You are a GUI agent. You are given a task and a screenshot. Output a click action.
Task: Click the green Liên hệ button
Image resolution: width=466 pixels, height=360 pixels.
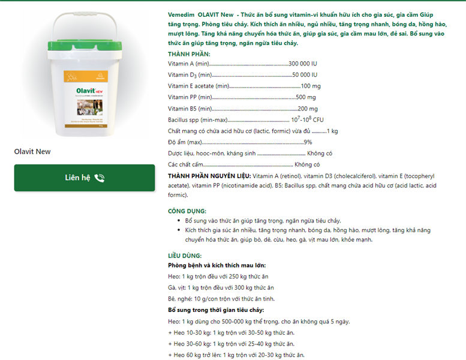85,178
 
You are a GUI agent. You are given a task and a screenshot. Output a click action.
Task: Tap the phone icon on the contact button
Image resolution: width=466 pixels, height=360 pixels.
100,178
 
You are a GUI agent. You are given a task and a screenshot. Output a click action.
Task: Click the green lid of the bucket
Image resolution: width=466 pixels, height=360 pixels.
85,45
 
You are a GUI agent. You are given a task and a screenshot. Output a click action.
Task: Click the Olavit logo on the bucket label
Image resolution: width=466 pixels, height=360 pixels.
89,91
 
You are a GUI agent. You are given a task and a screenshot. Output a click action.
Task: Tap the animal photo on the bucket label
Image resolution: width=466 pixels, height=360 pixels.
90,107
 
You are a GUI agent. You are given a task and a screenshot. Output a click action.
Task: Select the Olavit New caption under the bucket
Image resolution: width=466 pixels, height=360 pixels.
32,152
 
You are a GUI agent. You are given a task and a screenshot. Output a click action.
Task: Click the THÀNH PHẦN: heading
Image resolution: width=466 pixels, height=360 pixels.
189,54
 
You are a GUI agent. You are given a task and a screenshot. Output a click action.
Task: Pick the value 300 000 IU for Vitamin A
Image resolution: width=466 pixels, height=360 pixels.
303,64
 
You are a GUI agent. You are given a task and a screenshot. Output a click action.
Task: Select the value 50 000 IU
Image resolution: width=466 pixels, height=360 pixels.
305,74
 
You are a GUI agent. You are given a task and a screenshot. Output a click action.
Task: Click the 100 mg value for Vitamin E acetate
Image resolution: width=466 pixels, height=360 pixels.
311,86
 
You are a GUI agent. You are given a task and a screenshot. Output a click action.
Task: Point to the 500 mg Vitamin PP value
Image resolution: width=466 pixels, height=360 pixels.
306,97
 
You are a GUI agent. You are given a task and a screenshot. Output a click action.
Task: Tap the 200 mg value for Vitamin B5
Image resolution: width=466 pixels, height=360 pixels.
308,109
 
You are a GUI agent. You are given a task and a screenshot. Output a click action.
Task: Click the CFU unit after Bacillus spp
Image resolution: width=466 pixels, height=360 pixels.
318,120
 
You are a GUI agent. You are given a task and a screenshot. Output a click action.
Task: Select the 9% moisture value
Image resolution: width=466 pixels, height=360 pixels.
308,142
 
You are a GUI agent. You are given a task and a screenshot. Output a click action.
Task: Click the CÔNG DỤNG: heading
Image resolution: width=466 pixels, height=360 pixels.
187,211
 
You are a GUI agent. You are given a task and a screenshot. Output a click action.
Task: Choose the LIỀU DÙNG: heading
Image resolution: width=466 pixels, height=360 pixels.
185,256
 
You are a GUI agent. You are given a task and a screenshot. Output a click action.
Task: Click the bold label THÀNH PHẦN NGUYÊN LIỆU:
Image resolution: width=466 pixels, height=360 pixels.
209,176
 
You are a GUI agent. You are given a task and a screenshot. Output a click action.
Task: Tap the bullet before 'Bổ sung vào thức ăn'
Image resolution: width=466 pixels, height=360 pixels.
179,221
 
